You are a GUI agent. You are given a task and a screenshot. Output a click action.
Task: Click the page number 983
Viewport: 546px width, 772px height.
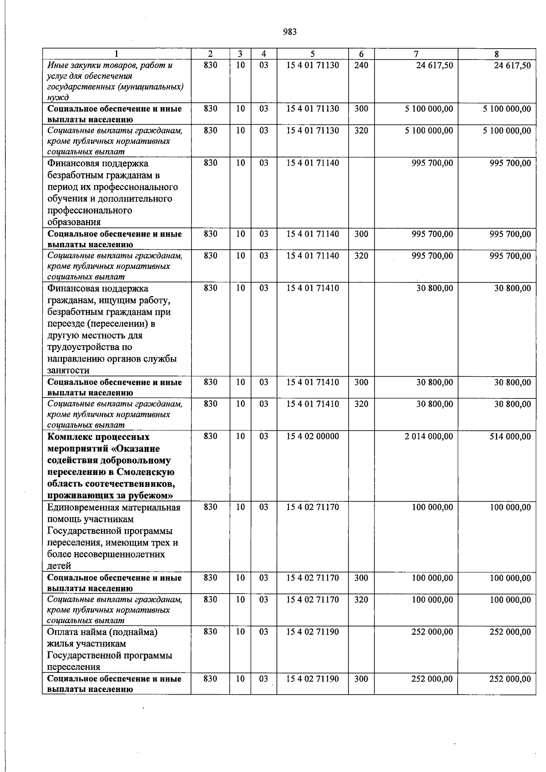(x=290, y=32)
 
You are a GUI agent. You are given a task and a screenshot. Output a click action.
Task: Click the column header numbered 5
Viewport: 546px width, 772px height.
(x=313, y=54)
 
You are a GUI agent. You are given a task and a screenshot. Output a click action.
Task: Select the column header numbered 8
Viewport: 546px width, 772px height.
(x=496, y=54)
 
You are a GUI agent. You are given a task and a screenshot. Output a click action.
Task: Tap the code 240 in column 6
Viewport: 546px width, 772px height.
(x=361, y=66)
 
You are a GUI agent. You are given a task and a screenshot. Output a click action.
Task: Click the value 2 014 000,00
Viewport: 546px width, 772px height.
(x=429, y=436)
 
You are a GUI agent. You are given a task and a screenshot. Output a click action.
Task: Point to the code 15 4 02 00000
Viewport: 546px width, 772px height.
(x=313, y=436)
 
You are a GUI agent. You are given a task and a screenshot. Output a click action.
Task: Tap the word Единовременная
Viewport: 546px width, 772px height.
(x=84, y=507)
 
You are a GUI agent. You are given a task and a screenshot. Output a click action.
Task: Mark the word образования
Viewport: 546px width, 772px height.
(x=74, y=222)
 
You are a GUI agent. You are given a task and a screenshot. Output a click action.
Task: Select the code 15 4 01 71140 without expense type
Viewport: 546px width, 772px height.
(x=313, y=163)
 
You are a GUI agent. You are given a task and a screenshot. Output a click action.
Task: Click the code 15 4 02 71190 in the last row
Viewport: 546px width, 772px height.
(x=313, y=679)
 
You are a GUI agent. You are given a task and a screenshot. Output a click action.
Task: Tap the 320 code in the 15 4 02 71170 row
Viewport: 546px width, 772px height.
(x=361, y=600)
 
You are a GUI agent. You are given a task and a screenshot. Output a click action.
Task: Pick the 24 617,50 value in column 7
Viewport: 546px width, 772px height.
(x=435, y=66)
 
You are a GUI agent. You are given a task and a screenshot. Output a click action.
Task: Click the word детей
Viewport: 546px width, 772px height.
(x=59, y=566)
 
